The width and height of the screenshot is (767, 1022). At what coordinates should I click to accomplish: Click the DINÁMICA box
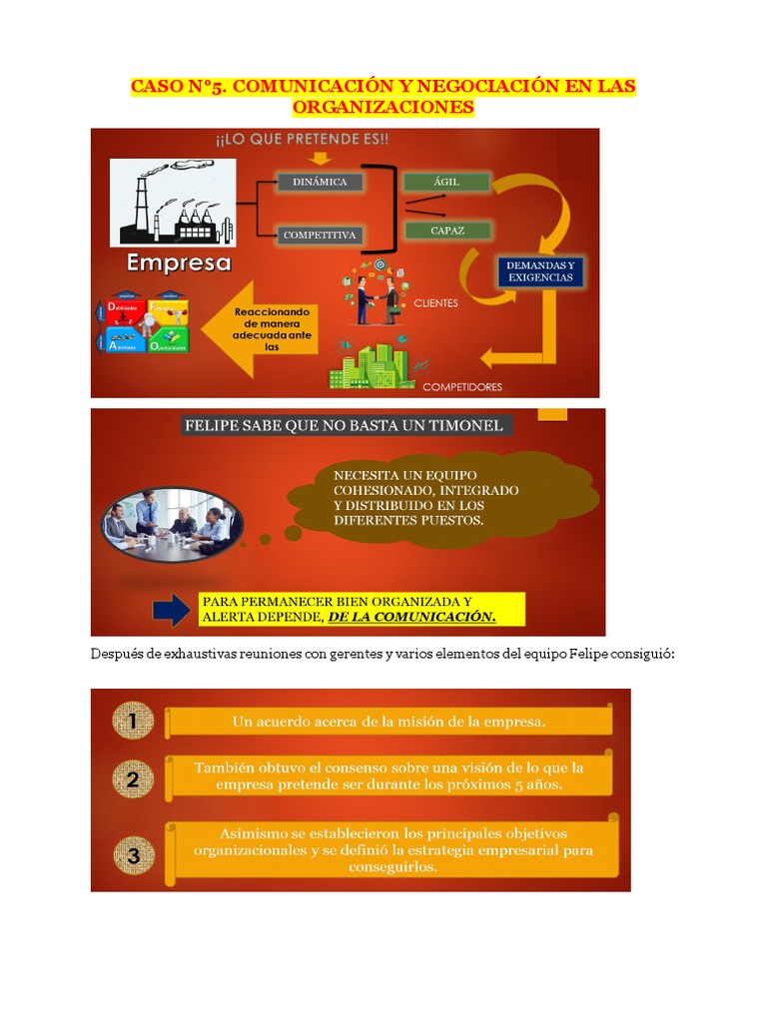point(320,183)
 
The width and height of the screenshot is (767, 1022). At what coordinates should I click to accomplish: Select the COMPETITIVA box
point(320,236)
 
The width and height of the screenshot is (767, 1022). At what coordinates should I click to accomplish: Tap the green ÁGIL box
point(445,182)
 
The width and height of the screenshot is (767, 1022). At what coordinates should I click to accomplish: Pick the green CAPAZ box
point(447,231)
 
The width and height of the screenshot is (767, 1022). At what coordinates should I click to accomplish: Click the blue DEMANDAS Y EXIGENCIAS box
point(540,271)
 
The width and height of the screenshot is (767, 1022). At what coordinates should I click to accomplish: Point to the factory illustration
point(172,204)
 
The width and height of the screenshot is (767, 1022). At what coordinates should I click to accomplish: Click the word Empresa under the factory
point(179,264)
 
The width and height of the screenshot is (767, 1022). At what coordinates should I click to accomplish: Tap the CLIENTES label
point(436,302)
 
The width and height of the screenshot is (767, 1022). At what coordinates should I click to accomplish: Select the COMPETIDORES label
point(462,387)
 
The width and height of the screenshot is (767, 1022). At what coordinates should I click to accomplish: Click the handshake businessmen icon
point(379,298)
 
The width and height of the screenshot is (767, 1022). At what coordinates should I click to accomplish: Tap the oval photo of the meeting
point(172,523)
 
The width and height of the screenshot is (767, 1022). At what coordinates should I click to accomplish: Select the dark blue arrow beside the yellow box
point(171,610)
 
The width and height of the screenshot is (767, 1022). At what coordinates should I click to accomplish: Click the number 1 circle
point(133,720)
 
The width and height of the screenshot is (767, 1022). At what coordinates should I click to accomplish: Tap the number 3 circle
point(133,853)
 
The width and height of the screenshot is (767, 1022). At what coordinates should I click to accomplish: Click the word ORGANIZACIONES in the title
point(383,107)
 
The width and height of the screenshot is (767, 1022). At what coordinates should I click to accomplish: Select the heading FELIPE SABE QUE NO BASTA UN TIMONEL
point(343,426)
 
